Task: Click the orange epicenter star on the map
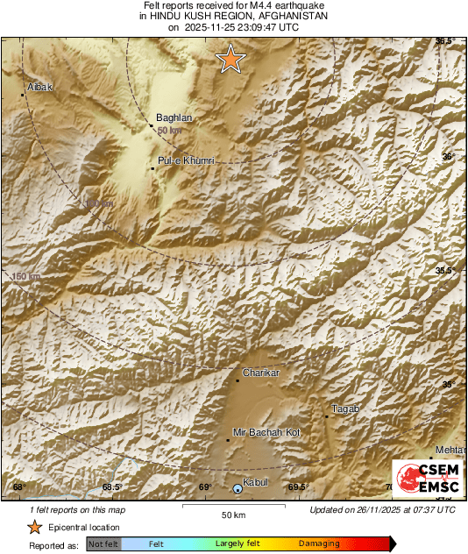coord(230,59)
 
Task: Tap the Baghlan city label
coord(174,117)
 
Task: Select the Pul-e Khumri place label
coord(186,160)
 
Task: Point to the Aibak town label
coord(41,88)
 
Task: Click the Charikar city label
coord(260,373)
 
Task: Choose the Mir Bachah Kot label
coord(266,432)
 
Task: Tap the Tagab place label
coord(345,409)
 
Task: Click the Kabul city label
coord(255,482)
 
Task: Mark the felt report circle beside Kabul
coord(238,488)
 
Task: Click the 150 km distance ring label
coord(26,277)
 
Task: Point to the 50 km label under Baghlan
coord(170,131)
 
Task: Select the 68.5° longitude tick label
coord(111,487)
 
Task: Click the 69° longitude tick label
coord(205,487)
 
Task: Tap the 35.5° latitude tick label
coord(445,271)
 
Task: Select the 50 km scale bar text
coord(232,515)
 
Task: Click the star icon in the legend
coord(34,527)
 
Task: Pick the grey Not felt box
coord(103,544)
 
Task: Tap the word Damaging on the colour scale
coord(318,544)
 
